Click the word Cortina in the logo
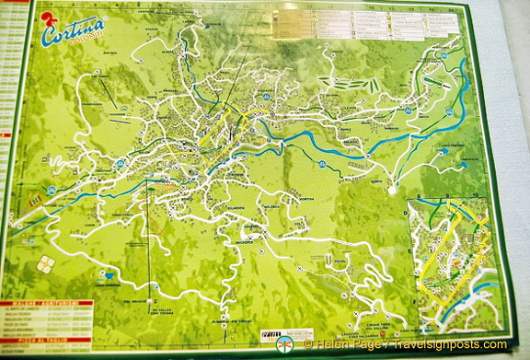click(x=74, y=33)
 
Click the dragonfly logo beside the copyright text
click(x=285, y=344)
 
